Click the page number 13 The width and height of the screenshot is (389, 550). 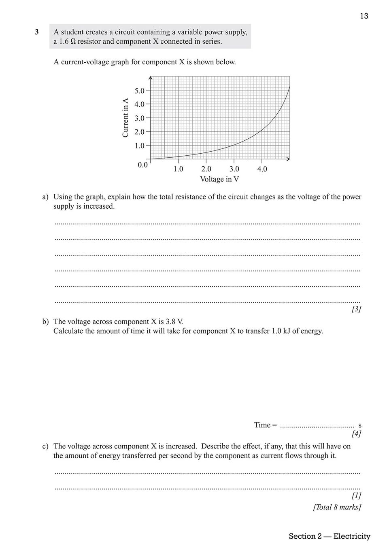(364, 16)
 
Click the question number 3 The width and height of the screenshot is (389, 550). (37, 32)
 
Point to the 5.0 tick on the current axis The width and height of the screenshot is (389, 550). (140, 91)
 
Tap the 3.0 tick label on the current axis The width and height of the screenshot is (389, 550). (140, 118)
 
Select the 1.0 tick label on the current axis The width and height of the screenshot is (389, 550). (140, 145)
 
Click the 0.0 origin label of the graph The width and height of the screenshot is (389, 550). (142, 165)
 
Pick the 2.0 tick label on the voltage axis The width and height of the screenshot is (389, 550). (206, 169)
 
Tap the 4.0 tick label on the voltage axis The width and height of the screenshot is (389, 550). (262, 169)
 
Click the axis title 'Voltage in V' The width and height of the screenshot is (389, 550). (219, 179)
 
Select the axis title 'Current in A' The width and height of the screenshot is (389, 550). (125, 118)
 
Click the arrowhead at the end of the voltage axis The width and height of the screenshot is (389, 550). (288, 159)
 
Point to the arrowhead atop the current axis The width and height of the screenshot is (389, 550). (150, 78)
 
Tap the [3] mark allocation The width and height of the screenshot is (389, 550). (356, 309)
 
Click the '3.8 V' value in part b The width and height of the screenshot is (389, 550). (174, 322)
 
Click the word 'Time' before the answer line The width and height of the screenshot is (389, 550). (262, 425)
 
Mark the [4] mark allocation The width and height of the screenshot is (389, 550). (356, 434)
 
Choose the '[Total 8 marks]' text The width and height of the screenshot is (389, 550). (337, 507)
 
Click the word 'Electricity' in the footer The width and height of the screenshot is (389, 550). (352, 536)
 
